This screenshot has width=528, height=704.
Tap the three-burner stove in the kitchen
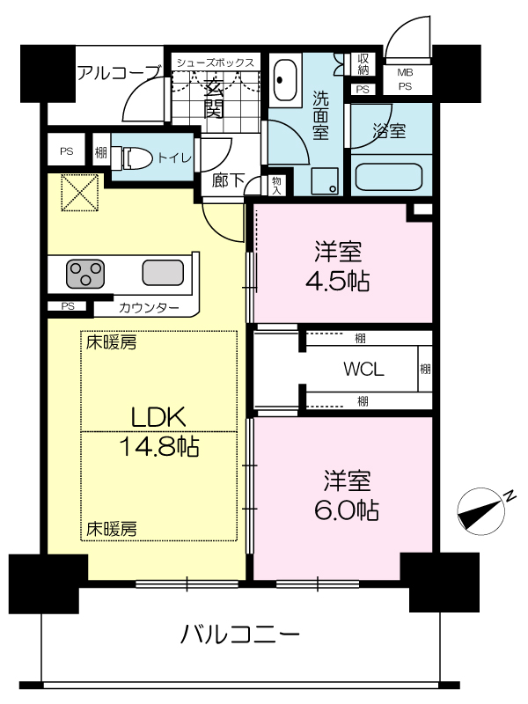pyautogui.click(x=85, y=274)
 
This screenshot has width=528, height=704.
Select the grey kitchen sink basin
pyautogui.click(x=163, y=273)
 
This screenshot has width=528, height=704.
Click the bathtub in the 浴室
pyautogui.click(x=389, y=177)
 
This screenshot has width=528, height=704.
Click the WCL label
pyautogui.click(x=363, y=370)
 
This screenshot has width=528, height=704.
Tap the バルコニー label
pyautogui.click(x=239, y=634)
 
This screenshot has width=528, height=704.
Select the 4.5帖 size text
pyautogui.click(x=338, y=282)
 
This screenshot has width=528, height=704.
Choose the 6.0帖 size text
pyautogui.click(x=346, y=510)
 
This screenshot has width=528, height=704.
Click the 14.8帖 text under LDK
pyautogui.click(x=159, y=446)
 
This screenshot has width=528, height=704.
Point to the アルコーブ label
pyautogui.click(x=119, y=72)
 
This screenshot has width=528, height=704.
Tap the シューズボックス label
pyautogui.click(x=215, y=62)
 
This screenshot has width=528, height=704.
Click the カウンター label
pyautogui.click(x=149, y=308)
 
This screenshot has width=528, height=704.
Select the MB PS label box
pyautogui.click(x=406, y=79)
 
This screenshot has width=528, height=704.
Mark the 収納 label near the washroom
pyautogui.click(x=363, y=64)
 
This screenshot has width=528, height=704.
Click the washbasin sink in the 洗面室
pyautogui.click(x=285, y=80)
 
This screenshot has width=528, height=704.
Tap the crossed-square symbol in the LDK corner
pyautogui.click(x=80, y=193)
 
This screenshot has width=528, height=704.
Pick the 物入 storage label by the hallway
pyautogui.click(x=276, y=186)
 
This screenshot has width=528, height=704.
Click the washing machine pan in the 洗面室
pyautogui.click(x=325, y=181)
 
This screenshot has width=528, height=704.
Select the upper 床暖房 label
pyautogui.click(x=112, y=343)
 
